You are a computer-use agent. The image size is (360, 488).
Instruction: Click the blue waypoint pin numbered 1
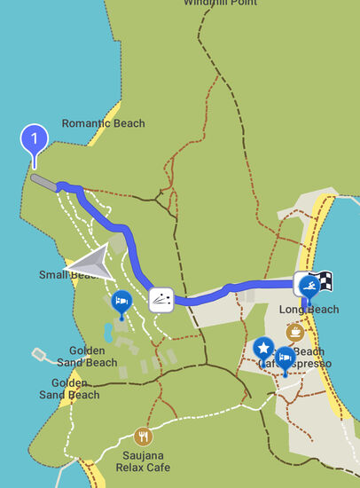[x=35, y=140]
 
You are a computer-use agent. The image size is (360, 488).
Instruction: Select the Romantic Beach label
[x=103, y=123]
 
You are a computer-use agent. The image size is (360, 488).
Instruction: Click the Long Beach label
[x=309, y=309]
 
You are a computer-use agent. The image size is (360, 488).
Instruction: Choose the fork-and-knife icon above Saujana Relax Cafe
[x=143, y=437]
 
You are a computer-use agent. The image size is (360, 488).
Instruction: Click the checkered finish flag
[x=325, y=280]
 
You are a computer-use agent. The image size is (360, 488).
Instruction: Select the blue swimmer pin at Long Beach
[x=309, y=286]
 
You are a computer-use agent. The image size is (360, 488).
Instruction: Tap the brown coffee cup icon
[x=295, y=332]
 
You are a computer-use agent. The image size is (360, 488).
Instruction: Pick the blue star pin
[x=263, y=347]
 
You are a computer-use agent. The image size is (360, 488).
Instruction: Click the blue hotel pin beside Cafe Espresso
[x=286, y=358]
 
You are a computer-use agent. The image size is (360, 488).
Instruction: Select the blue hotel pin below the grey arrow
[x=121, y=303]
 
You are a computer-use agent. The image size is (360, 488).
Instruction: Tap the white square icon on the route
[x=160, y=300]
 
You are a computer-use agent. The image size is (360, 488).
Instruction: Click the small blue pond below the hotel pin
[x=108, y=334]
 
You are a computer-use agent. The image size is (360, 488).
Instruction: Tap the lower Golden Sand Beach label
[x=70, y=389]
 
